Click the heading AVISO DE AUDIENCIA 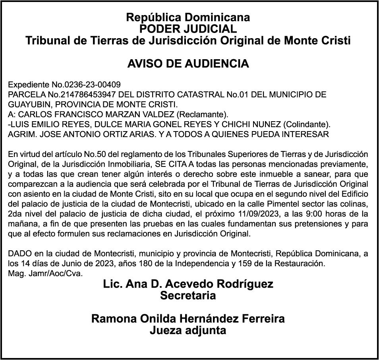[x=188, y=64]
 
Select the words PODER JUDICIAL [x=188, y=29]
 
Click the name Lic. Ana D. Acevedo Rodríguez [x=188, y=285]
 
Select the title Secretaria [x=188, y=296]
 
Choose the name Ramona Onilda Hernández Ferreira [x=188, y=319]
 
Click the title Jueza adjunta [x=188, y=330]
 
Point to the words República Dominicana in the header [x=188, y=17]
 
